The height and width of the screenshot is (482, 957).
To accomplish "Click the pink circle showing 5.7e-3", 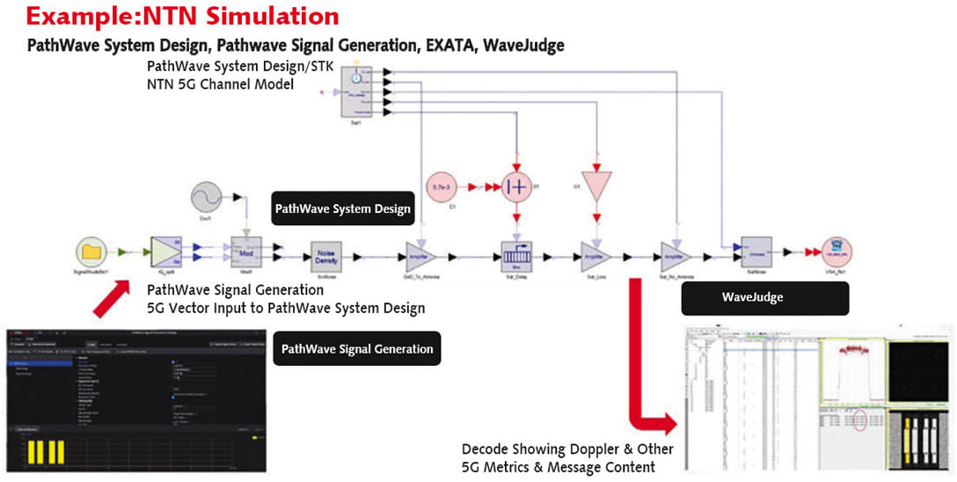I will [x=442, y=187].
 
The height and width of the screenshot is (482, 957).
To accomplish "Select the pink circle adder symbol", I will [x=518, y=187].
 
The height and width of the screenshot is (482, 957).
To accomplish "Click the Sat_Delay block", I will [x=518, y=254].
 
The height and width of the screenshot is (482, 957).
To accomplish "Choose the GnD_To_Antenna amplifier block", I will [x=422, y=254].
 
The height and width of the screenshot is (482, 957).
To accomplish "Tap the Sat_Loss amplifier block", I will [x=596, y=254].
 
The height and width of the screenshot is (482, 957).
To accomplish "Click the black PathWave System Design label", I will [x=342, y=209].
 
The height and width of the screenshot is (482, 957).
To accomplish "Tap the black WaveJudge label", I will [x=765, y=298].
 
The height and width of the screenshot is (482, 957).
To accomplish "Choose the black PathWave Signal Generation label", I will [x=357, y=349].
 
